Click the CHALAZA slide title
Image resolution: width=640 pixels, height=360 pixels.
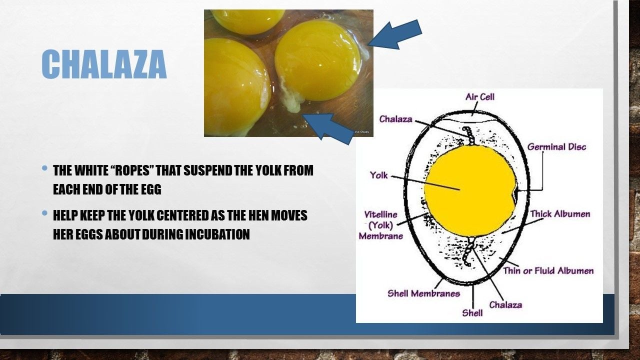[x=104, y=64]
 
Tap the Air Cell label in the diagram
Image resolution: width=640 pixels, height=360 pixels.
[x=479, y=97]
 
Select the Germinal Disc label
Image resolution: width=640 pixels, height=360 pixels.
[x=556, y=147]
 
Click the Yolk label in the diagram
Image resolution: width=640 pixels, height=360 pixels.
[x=379, y=175]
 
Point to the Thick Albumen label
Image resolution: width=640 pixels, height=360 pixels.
[x=560, y=214]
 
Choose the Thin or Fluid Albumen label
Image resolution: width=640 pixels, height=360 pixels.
[x=548, y=270]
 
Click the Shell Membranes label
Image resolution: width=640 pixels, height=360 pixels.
[x=423, y=293]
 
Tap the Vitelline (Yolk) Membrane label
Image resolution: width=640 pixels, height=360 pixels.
[x=381, y=225]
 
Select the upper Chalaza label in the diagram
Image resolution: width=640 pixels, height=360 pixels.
[x=395, y=119]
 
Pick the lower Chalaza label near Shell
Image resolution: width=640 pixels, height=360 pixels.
[x=505, y=305]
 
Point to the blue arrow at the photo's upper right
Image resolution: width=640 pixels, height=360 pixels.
[x=395, y=35]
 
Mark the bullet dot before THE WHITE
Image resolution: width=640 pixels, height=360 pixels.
[x=44, y=168]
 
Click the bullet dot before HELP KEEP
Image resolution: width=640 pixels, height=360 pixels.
[x=44, y=213]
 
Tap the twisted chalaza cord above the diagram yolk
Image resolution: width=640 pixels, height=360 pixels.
[x=469, y=135]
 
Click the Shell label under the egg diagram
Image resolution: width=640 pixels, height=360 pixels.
[x=472, y=313]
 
